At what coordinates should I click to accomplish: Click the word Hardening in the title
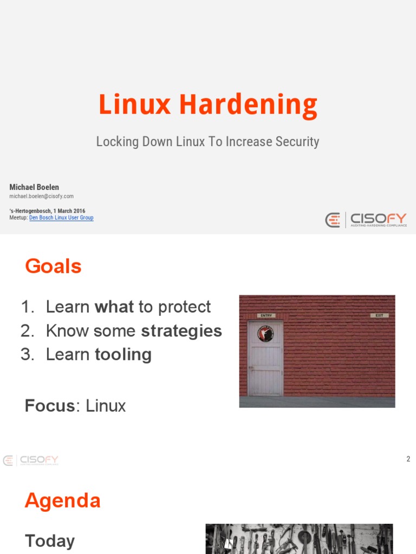pyautogui.click(x=248, y=105)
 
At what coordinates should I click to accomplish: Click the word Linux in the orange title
pyautogui.click(x=135, y=105)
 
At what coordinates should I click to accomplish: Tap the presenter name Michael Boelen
pyautogui.click(x=34, y=187)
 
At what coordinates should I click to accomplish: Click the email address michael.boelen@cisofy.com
pyautogui.click(x=41, y=196)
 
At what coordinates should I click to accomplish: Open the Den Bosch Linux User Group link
pyautogui.click(x=61, y=217)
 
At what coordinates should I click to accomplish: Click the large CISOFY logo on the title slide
pyautogui.click(x=366, y=220)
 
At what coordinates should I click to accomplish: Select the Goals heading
pyautogui.click(x=53, y=266)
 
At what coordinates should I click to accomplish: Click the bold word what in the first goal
pyautogui.click(x=114, y=307)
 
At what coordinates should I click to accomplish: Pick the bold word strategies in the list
pyautogui.click(x=181, y=331)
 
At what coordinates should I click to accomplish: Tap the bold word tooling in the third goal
pyautogui.click(x=123, y=354)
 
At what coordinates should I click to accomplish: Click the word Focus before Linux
pyautogui.click(x=49, y=406)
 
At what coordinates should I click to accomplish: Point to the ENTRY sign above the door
pyautogui.click(x=266, y=315)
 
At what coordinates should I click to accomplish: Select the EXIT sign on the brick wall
pyautogui.click(x=379, y=315)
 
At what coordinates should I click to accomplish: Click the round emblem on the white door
pyautogui.click(x=265, y=334)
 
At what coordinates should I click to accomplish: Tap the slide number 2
pyautogui.click(x=408, y=459)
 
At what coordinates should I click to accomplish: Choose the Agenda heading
pyautogui.click(x=62, y=500)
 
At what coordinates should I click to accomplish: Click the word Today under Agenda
pyautogui.click(x=50, y=541)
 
